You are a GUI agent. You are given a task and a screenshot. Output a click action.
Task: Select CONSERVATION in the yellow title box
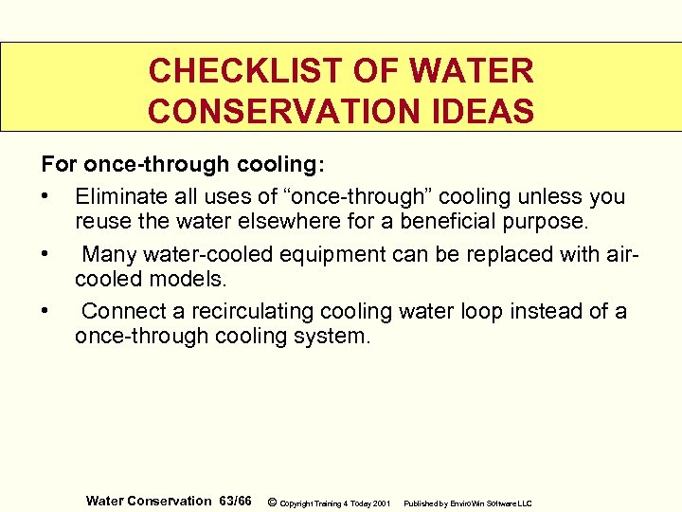281,112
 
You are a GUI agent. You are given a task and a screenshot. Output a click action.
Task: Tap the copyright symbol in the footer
272,502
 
